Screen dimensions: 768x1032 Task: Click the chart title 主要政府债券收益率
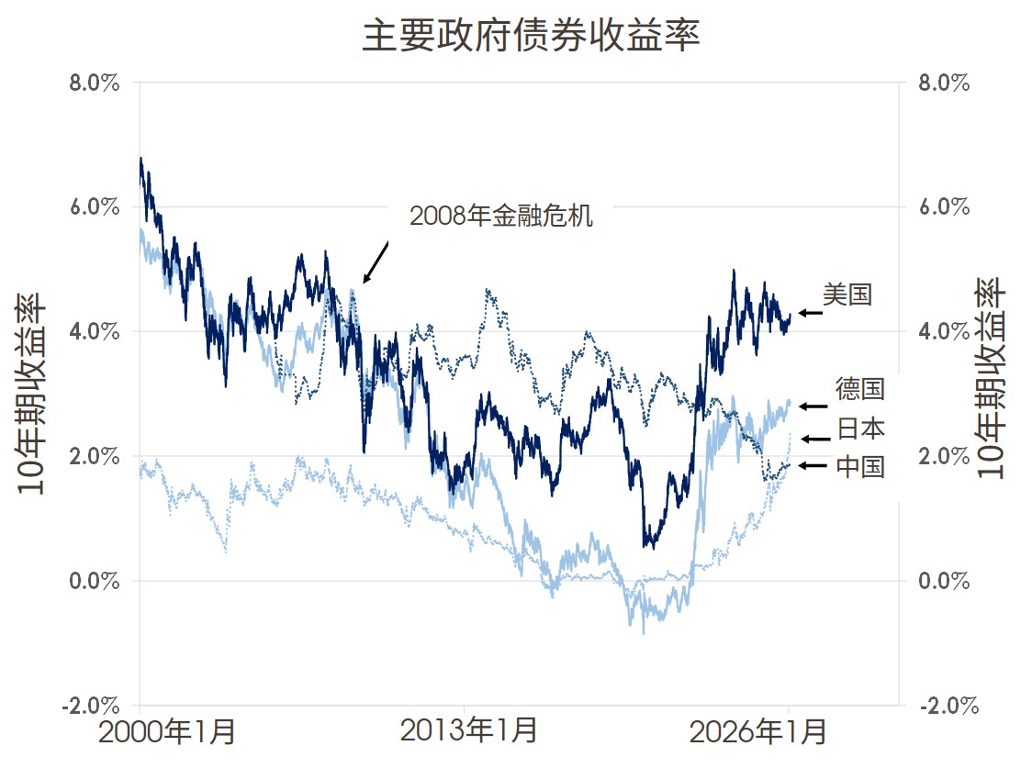[531, 38]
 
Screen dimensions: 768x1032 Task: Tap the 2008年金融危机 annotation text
[501, 217]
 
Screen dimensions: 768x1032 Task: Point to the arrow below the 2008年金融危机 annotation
[376, 262]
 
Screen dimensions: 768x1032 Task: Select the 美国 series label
[847, 295]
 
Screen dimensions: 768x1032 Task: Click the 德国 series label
[859, 389]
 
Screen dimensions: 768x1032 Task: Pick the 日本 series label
[860, 429]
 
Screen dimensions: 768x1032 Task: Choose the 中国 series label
[860, 467]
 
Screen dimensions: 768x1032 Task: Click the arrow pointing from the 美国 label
[811, 313]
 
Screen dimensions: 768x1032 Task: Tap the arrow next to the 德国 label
[813, 406]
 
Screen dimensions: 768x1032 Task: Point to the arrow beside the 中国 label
[813, 466]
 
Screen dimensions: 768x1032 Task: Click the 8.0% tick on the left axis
[95, 83]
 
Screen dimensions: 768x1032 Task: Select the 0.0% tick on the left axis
[95, 581]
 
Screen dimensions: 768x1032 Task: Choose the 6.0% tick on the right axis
[945, 206]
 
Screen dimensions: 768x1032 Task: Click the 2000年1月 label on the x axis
[168, 732]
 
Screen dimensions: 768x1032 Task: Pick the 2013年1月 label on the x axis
[469, 732]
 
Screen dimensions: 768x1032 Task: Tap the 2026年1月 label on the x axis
[758, 732]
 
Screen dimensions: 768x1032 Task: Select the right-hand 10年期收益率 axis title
[992, 378]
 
